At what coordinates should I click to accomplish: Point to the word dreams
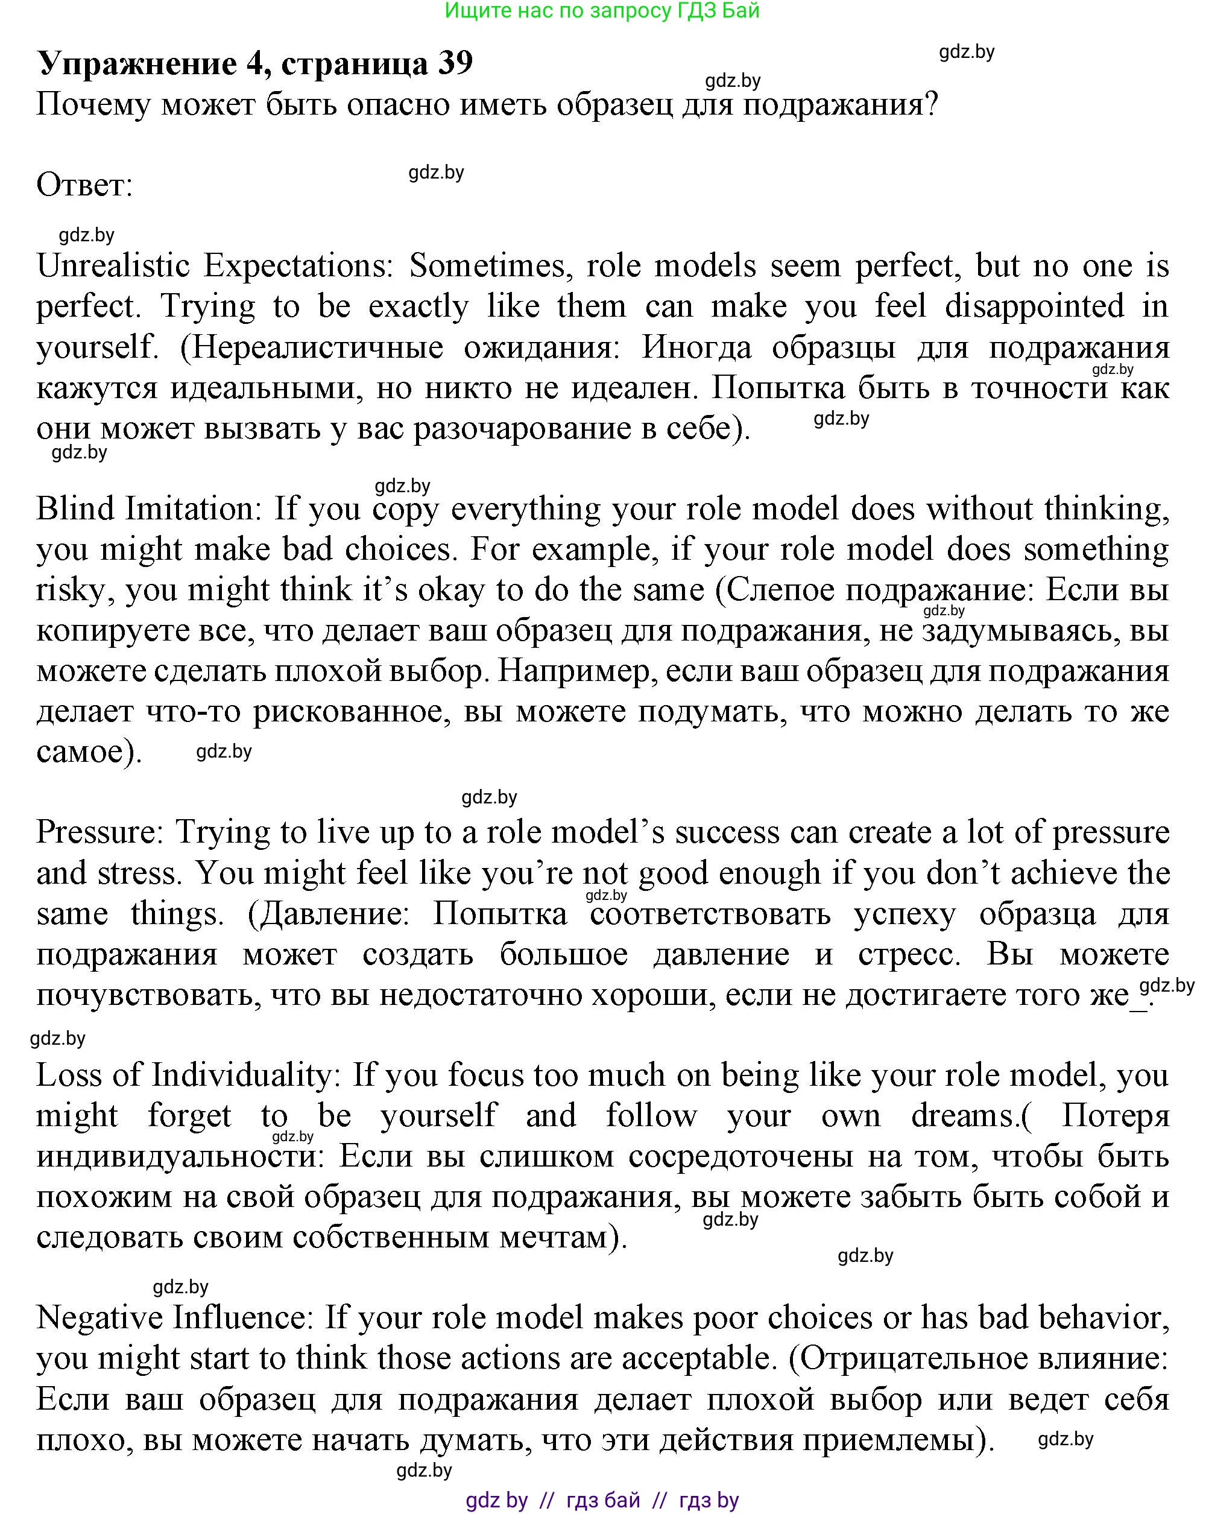tap(963, 1116)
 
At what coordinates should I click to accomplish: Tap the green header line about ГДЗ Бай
tap(602, 10)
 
